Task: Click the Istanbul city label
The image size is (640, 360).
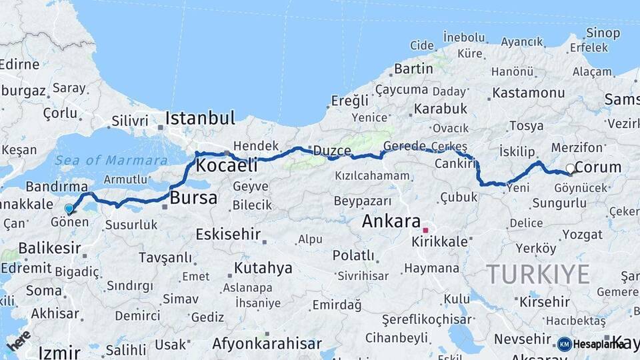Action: click(200, 119)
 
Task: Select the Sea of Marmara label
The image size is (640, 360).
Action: click(111, 160)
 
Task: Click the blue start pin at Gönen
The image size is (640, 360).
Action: click(69, 209)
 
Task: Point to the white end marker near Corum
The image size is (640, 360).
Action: click(570, 169)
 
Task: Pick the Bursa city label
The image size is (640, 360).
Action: click(193, 198)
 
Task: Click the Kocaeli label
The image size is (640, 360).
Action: click(224, 165)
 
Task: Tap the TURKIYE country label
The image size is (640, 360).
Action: click(537, 274)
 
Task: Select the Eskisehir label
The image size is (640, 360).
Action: click(227, 234)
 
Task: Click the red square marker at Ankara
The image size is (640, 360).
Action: click(425, 230)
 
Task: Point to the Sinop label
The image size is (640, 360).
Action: click(603, 33)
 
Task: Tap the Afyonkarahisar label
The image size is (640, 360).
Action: click(267, 344)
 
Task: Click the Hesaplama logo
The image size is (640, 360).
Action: click(591, 344)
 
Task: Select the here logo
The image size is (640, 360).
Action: click(18, 340)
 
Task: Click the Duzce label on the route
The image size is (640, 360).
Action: click(332, 151)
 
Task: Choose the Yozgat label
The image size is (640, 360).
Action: click(582, 235)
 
